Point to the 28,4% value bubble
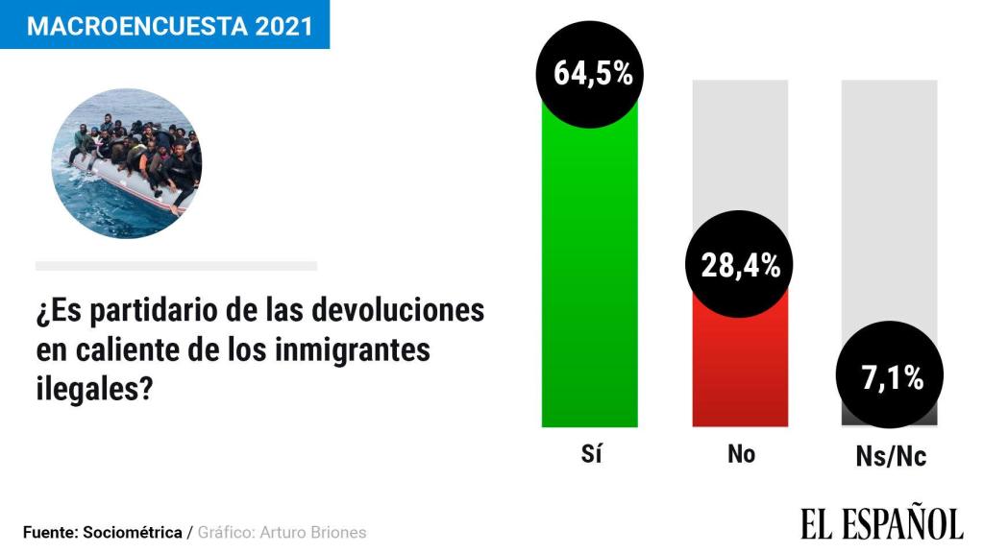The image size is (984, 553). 740,266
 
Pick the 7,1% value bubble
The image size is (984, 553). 889,377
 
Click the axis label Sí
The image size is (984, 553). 591,454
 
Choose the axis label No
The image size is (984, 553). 741,454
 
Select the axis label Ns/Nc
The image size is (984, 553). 890,456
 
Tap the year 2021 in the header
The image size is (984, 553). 283,25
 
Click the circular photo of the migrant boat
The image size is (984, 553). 126,164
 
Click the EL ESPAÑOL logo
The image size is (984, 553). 881,523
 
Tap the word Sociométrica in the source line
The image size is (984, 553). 133,532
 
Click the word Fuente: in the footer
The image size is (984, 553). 50,532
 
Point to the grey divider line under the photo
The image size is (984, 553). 176,266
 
